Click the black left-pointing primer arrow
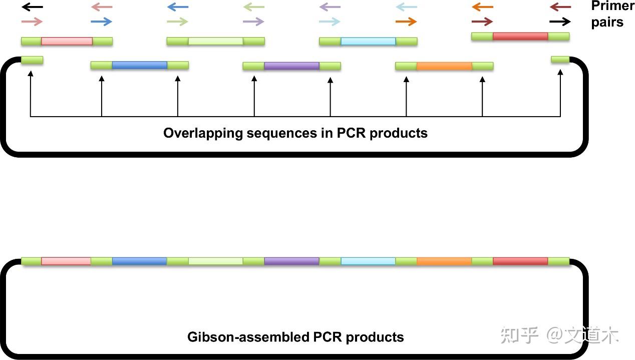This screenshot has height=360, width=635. pos(33,7)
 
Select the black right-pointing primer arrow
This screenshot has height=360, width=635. pos(560,22)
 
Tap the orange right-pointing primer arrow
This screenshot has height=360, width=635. pos(406,22)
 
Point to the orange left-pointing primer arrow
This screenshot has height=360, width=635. pos(482,7)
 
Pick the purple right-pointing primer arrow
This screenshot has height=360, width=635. pos(253,22)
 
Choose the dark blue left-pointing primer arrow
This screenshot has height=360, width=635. pos(178,7)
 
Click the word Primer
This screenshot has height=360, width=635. pos(612,7)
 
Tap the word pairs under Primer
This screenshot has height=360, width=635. pos(607,22)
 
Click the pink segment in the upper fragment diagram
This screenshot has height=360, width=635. pos(67,41)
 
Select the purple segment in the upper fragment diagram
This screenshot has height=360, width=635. pos(291,66)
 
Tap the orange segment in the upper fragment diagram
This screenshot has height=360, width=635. pos(444,66)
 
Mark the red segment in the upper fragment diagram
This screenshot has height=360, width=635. pos(520,36)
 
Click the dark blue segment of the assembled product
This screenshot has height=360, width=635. pos(139,261)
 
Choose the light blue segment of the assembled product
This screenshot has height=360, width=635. pos(368,261)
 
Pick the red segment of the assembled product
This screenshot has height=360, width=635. pos(520,261)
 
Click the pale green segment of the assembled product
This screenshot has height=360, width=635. pos(215,261)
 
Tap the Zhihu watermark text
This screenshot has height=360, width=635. pos(559,335)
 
